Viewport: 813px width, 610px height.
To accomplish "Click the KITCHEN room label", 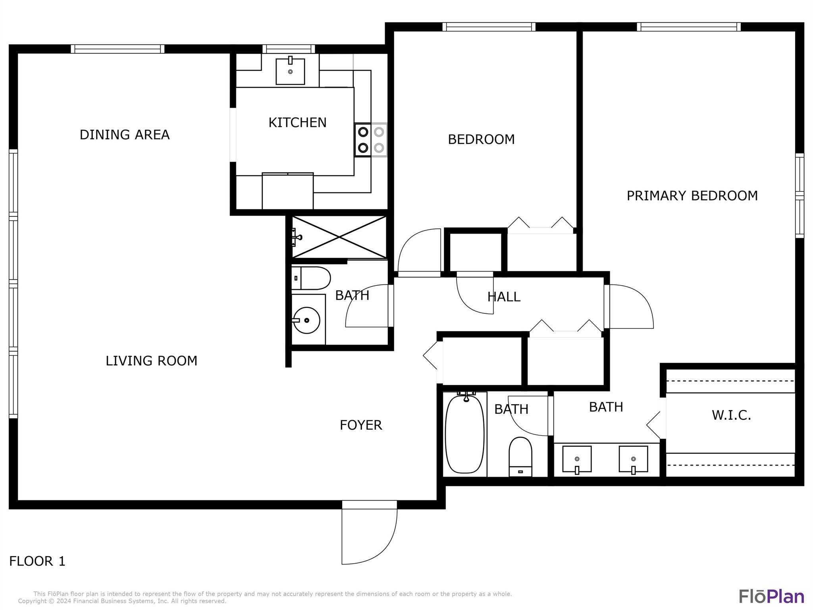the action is click(x=297, y=122).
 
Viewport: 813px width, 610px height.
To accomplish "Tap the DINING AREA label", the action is click(x=125, y=135).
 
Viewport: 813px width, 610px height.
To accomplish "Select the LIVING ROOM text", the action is click(x=151, y=361).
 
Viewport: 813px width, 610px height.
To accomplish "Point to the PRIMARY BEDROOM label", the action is click(x=692, y=196).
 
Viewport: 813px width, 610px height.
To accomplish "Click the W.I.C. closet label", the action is click(x=731, y=415).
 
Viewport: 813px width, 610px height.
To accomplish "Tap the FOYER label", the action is click(x=361, y=425).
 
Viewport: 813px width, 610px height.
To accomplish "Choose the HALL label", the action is click(x=504, y=297).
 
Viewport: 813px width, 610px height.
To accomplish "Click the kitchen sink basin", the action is click(x=290, y=71).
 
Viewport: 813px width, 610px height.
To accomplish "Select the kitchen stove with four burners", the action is click(x=371, y=140).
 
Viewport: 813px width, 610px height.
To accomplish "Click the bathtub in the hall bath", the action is click(x=465, y=434).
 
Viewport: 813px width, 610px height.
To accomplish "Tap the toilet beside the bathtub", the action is click(x=520, y=456).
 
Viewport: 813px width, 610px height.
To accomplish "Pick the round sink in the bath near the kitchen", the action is click(x=306, y=320).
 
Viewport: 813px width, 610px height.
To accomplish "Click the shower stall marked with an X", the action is click(x=339, y=237).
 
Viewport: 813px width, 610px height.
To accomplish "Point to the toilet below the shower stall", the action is click(x=311, y=278).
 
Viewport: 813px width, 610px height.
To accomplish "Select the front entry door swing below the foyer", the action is click(x=370, y=532).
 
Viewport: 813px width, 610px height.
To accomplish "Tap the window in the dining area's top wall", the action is click(x=118, y=49).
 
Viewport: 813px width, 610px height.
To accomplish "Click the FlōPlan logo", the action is click(x=771, y=596).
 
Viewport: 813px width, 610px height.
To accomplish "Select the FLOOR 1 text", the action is click(x=37, y=561).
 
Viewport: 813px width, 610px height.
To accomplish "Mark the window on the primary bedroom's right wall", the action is click(x=800, y=196).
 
